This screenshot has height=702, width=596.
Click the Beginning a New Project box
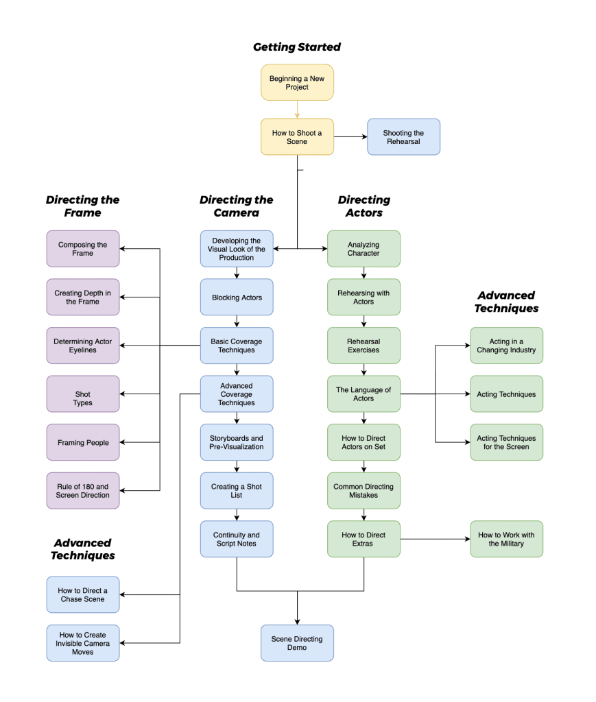[297, 83]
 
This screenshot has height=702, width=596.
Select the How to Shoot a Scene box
[297, 137]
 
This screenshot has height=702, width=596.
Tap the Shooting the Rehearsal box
[403, 137]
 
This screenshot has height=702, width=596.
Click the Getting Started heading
[297, 47]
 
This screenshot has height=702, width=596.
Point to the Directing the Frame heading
[82, 206]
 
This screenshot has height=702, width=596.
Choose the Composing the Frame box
[83, 249]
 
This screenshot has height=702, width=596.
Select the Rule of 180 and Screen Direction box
[83, 491]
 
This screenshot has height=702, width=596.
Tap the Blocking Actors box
[237, 298]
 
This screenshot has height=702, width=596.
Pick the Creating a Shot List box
[237, 491]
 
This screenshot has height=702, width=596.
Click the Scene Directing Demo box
[297, 643]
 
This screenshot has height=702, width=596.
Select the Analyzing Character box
[363, 249]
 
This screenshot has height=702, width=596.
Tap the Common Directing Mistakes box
[363, 491]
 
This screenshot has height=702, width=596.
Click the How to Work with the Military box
[506, 539]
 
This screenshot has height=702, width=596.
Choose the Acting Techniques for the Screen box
[506, 442]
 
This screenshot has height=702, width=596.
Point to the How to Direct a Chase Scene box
[83, 594]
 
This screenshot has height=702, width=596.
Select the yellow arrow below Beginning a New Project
[297, 110]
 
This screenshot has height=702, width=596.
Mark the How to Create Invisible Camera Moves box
[83, 643]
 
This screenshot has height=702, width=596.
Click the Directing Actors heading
[363, 206]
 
